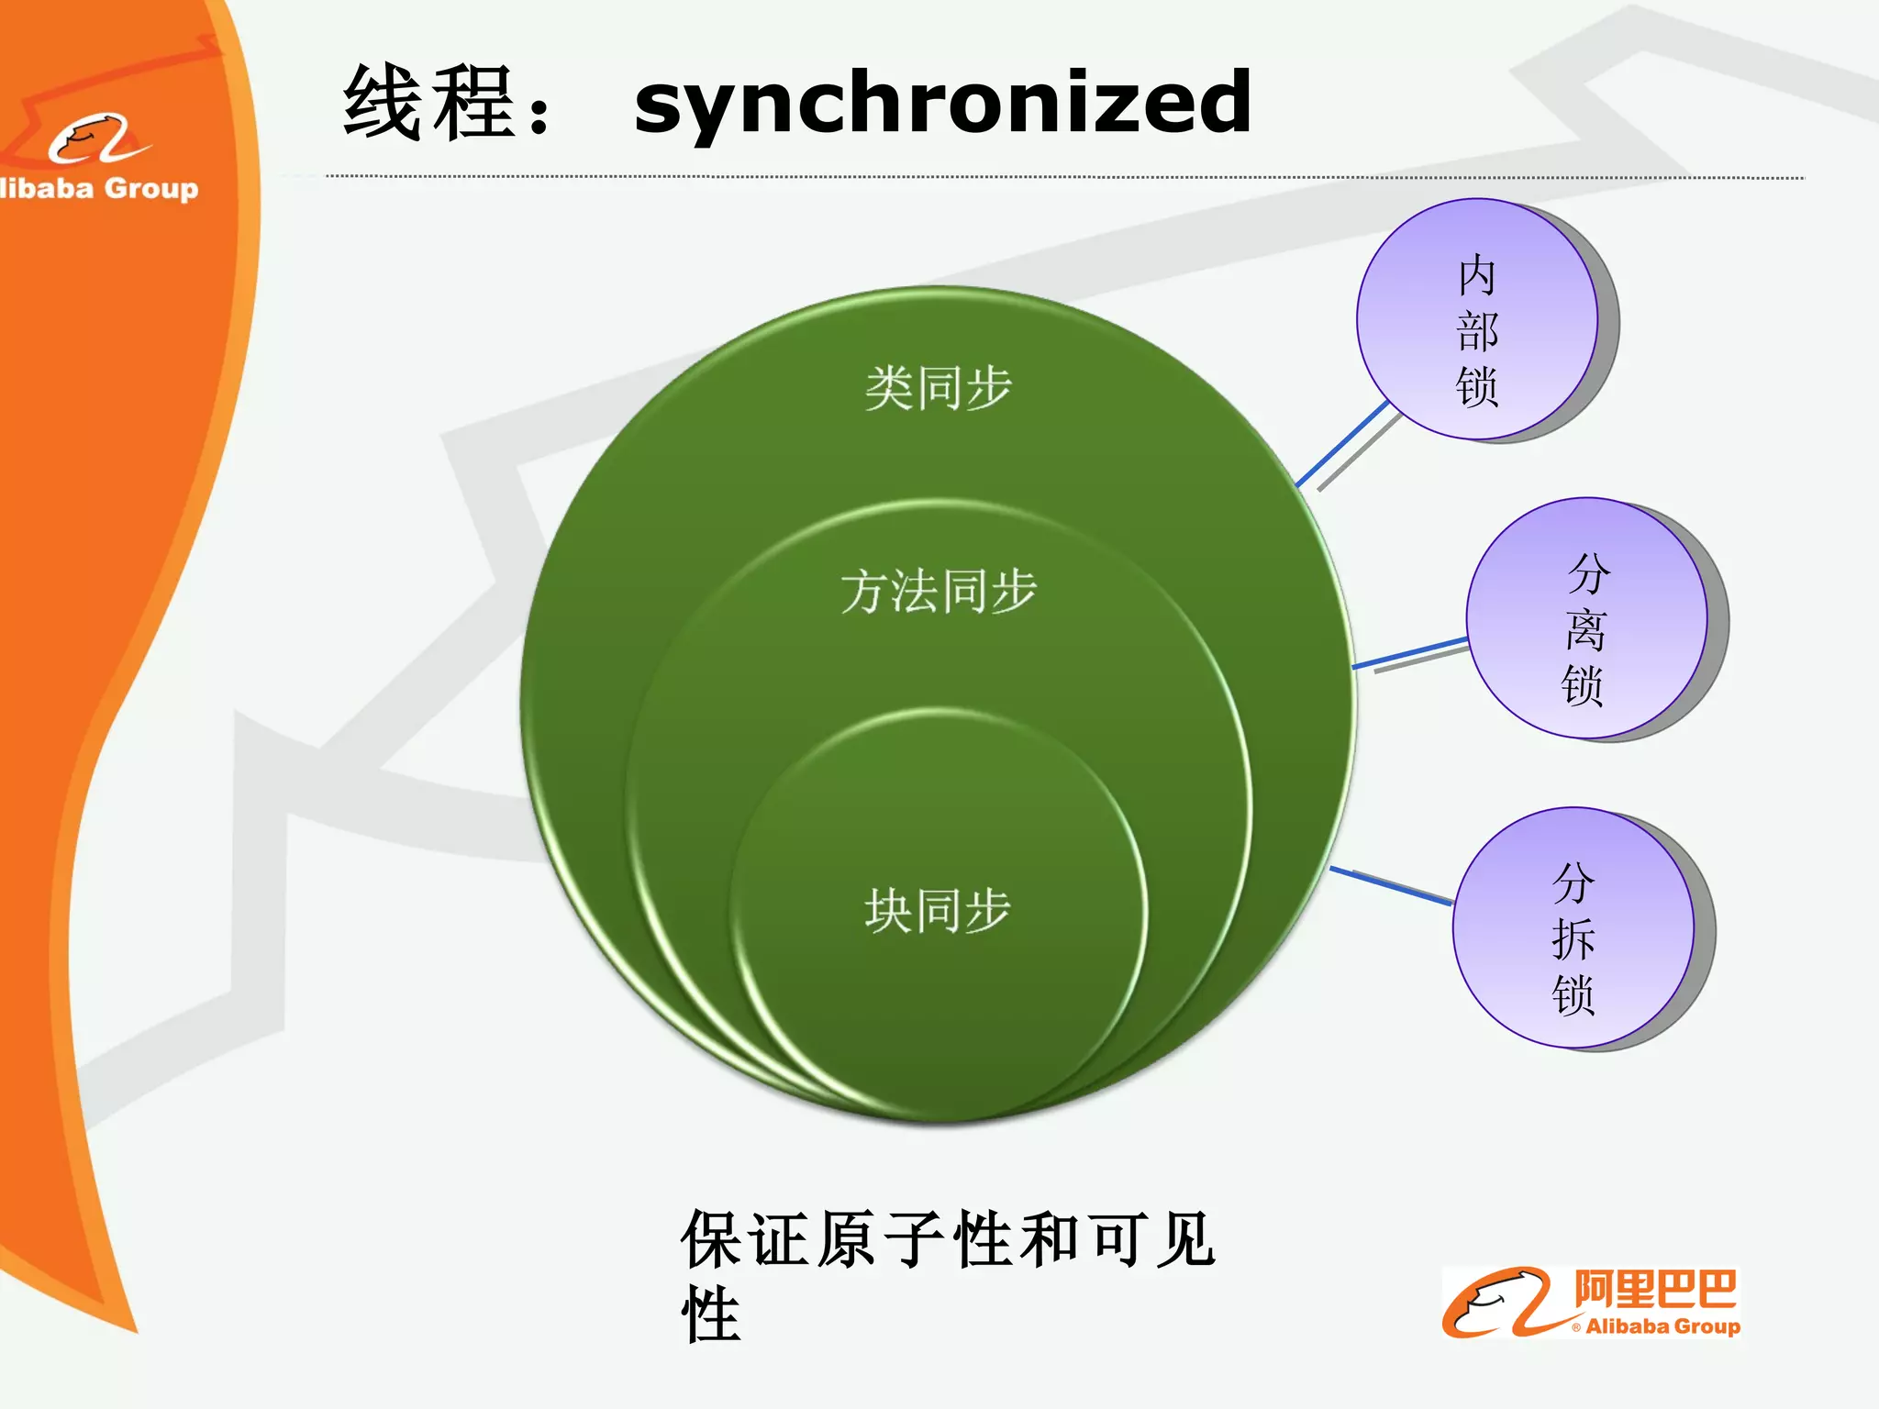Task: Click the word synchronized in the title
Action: pyautogui.click(x=942, y=103)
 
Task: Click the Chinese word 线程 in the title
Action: pyautogui.click(x=428, y=103)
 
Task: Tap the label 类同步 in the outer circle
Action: pyautogui.click(x=938, y=388)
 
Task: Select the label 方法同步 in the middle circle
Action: pyautogui.click(x=938, y=591)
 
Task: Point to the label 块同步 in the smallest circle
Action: pyautogui.click(x=938, y=911)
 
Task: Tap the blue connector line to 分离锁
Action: pyautogui.click(x=1410, y=652)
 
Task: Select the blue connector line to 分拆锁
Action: pyautogui.click(x=1391, y=886)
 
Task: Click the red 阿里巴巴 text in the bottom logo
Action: pyautogui.click(x=1654, y=1290)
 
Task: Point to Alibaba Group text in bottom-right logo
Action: pyautogui.click(x=1662, y=1326)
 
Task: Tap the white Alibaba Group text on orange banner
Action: pyautogui.click(x=99, y=188)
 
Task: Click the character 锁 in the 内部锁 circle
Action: pyautogui.click(x=1477, y=386)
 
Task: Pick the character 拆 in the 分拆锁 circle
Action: pyautogui.click(x=1573, y=939)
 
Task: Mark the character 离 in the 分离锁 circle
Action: pyautogui.click(x=1585, y=630)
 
